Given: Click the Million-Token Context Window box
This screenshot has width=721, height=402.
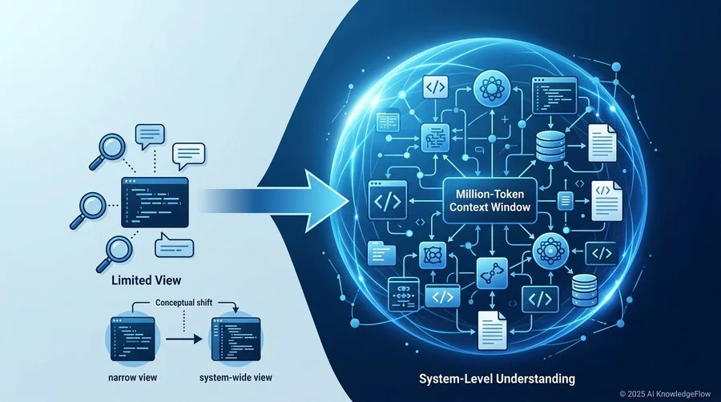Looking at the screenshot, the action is pyautogui.click(x=489, y=201).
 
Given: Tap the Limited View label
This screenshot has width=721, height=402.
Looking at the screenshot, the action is pyautogui.click(x=147, y=279).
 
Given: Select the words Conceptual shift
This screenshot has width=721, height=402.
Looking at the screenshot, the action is pyautogui.click(x=184, y=303).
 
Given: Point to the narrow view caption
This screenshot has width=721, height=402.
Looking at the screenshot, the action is pyautogui.click(x=132, y=378).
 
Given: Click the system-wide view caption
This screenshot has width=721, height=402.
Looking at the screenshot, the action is pyautogui.click(x=236, y=378).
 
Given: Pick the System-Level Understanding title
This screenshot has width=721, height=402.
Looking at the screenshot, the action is pyautogui.click(x=497, y=379).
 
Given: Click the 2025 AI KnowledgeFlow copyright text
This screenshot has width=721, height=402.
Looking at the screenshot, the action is pyautogui.click(x=665, y=394).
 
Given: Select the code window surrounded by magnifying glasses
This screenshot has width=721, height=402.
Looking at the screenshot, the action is pyautogui.click(x=155, y=203).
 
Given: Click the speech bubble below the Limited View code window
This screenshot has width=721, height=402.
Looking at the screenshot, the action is pyautogui.click(x=175, y=245).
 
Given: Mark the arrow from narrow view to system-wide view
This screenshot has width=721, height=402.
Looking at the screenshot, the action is pyautogui.click(x=184, y=340).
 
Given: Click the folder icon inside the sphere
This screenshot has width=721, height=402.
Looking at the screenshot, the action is pyautogui.click(x=381, y=253).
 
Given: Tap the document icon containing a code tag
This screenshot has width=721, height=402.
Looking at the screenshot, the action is pyautogui.click(x=606, y=200).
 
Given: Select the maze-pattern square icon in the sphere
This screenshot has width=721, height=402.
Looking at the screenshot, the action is pyautogui.click(x=435, y=138).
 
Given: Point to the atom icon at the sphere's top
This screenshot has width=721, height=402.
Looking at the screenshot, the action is pyautogui.click(x=492, y=87).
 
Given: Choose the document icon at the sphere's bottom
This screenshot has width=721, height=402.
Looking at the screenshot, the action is pyautogui.click(x=492, y=331).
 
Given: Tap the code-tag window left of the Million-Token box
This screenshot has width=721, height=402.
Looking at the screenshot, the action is pyautogui.click(x=388, y=201).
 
